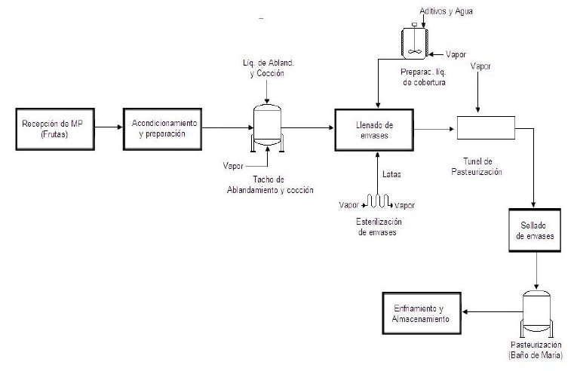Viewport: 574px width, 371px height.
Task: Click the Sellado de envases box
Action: click(x=536, y=231)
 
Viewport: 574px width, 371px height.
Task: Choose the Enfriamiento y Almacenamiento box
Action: click(x=421, y=314)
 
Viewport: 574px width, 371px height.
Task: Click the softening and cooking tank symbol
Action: click(x=267, y=124)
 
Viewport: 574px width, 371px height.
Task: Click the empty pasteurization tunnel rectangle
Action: click(x=485, y=127)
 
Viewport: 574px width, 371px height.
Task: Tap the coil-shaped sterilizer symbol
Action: click(x=376, y=201)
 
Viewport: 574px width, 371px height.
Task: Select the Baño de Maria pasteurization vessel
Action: click(x=536, y=314)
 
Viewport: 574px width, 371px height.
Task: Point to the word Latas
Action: click(x=391, y=175)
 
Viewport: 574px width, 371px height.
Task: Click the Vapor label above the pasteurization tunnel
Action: click(x=480, y=66)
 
